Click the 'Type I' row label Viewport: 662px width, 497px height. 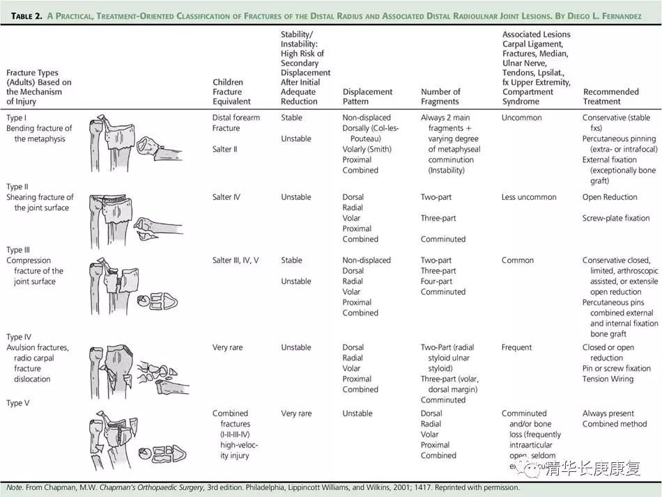16,118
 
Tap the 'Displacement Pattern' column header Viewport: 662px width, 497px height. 367,96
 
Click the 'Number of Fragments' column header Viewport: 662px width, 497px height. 440,96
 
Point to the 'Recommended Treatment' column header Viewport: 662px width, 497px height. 610,96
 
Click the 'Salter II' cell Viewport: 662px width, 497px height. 225,149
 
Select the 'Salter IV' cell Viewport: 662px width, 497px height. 226,197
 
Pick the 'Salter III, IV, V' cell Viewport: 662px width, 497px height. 236,260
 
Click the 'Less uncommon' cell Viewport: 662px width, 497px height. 529,197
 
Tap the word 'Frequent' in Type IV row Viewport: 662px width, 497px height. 517,347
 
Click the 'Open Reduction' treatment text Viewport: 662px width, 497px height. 610,197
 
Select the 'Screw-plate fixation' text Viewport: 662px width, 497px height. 616,218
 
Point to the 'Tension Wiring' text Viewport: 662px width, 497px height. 608,379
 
